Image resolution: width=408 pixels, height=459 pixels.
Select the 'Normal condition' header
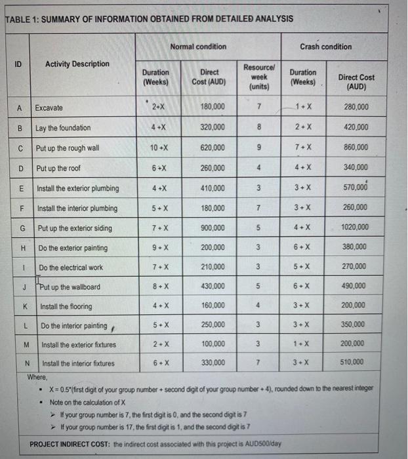(197, 47)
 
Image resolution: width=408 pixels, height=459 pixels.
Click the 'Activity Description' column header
(77, 64)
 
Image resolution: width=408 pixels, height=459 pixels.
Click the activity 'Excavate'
(49, 107)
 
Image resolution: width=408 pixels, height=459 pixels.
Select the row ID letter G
(23, 228)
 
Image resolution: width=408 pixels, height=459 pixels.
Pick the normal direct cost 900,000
(213, 228)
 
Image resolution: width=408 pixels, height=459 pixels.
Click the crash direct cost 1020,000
(354, 228)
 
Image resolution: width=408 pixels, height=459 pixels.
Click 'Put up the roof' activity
(63, 168)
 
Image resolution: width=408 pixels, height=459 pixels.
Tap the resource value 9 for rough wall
(260, 148)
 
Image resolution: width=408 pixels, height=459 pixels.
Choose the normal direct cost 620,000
(213, 148)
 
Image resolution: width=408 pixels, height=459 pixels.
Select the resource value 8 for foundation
(260, 127)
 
